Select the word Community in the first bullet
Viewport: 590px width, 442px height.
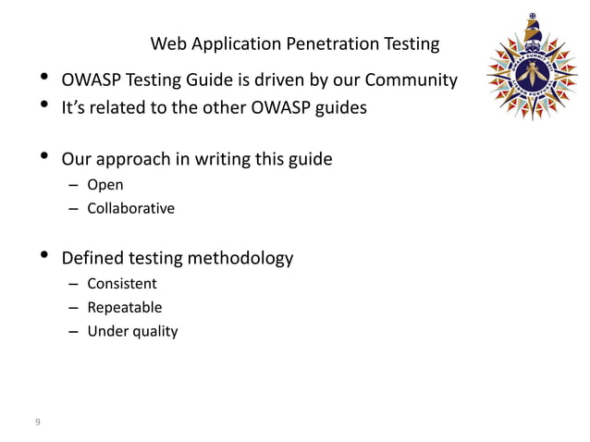tap(411, 81)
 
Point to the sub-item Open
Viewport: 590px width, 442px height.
tap(104, 185)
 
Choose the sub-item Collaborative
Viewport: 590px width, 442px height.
tap(130, 208)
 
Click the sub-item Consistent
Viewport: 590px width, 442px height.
tap(122, 284)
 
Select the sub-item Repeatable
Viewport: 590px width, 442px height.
tap(124, 307)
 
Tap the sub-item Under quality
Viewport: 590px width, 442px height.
tap(132, 330)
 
